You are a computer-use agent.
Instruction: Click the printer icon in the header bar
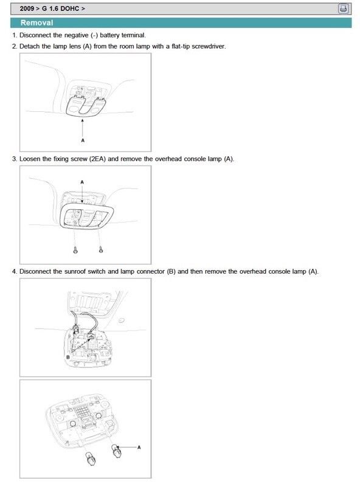tap(343, 9)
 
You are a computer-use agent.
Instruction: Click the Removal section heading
tap(37, 23)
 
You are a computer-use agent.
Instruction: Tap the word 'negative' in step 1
tap(76, 35)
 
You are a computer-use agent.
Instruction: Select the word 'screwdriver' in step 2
tap(209, 46)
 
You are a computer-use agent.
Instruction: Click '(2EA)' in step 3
tap(97, 159)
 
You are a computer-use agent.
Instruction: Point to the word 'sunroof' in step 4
tap(75, 271)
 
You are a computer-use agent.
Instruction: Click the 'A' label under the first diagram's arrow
tap(83, 141)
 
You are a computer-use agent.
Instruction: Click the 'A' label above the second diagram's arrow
tap(82, 182)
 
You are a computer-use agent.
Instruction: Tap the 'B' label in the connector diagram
tap(68, 357)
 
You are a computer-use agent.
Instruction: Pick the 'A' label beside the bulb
tap(139, 447)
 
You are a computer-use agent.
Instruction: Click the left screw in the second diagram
tap(75, 250)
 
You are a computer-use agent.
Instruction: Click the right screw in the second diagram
tap(101, 249)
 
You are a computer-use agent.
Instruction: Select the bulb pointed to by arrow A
tap(117, 451)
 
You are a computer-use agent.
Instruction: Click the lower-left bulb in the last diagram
tap(90, 459)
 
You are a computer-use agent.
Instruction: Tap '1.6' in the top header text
tap(54, 9)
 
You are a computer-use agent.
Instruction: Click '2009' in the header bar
tap(27, 9)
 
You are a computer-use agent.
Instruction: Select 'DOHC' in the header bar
tap(70, 9)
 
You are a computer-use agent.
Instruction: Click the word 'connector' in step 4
tap(150, 271)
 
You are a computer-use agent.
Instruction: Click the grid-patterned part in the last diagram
tap(82, 412)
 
